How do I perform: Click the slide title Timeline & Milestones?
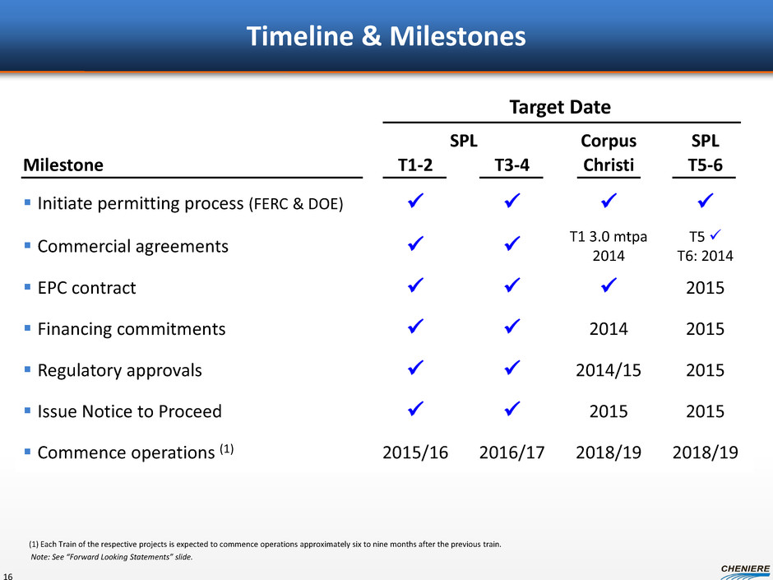(x=386, y=36)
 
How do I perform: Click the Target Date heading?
(x=560, y=107)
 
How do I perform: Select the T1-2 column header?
(x=415, y=165)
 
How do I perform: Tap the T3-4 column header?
(x=511, y=165)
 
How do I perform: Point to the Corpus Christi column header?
(x=609, y=153)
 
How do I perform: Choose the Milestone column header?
(x=63, y=165)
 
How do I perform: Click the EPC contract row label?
(x=87, y=288)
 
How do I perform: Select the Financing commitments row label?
(x=132, y=329)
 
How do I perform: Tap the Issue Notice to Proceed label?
(x=130, y=411)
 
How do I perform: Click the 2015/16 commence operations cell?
(x=415, y=452)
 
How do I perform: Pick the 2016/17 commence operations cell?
(x=511, y=452)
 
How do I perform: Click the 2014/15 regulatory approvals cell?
(x=609, y=370)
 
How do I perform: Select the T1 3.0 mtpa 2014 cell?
(x=609, y=246)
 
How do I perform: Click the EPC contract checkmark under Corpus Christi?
(x=609, y=285)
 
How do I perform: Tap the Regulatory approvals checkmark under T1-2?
(x=415, y=367)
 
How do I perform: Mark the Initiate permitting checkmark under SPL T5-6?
(x=706, y=200)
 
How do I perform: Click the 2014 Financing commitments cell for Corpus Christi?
(x=609, y=329)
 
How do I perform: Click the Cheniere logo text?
(x=745, y=568)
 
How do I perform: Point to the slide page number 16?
(x=8, y=576)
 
